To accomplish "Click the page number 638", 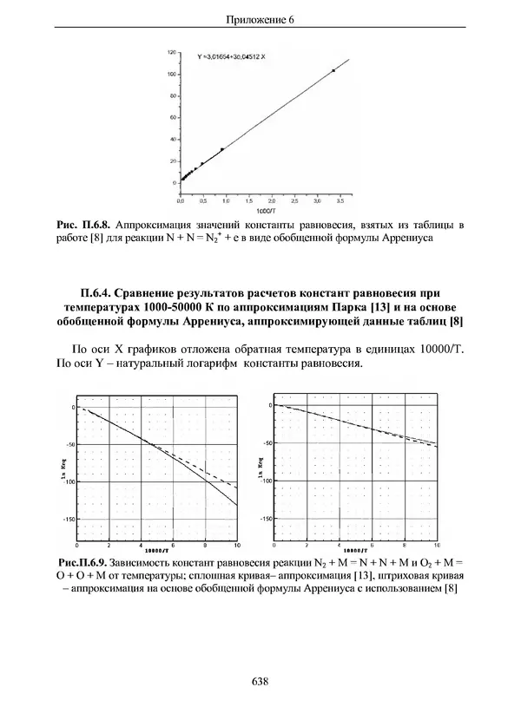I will coord(259,682).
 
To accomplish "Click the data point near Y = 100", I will coord(333,70).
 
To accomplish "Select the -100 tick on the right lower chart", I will coord(267,480).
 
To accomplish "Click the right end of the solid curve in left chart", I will coord(237,504).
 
